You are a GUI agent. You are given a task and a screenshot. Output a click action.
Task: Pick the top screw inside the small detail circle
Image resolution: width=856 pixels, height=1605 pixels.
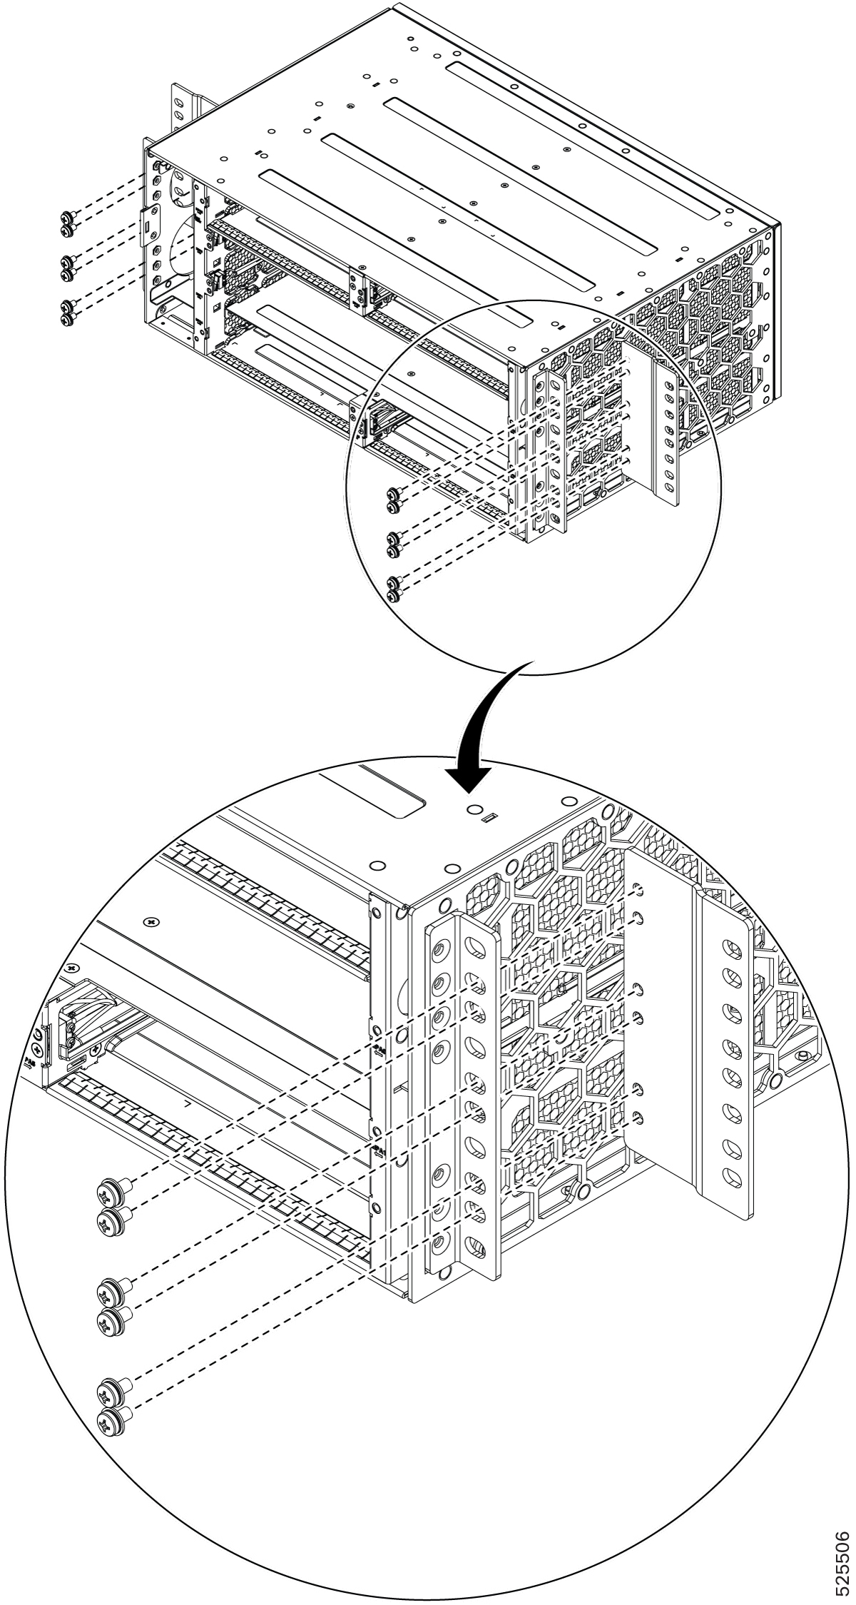click(x=392, y=493)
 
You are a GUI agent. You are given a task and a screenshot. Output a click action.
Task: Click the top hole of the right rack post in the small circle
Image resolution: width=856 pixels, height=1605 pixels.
click(x=668, y=386)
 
